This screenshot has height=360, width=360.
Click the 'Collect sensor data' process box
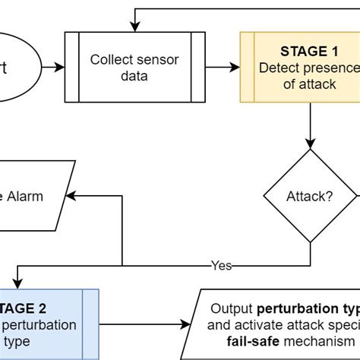[x=134, y=67]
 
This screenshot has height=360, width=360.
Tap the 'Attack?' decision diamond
[x=309, y=196]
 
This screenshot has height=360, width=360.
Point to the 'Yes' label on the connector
[x=221, y=266]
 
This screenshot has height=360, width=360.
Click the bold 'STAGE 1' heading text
[x=308, y=52]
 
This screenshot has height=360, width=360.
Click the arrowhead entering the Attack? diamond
[x=309, y=144]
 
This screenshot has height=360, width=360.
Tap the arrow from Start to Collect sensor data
[x=53, y=67]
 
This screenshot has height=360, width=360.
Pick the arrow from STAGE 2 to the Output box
[x=144, y=324]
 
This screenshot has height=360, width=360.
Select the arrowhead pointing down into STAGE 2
[x=17, y=283]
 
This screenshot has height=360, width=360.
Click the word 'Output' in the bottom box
[x=232, y=309]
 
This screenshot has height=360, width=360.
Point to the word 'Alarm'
[x=26, y=196]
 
